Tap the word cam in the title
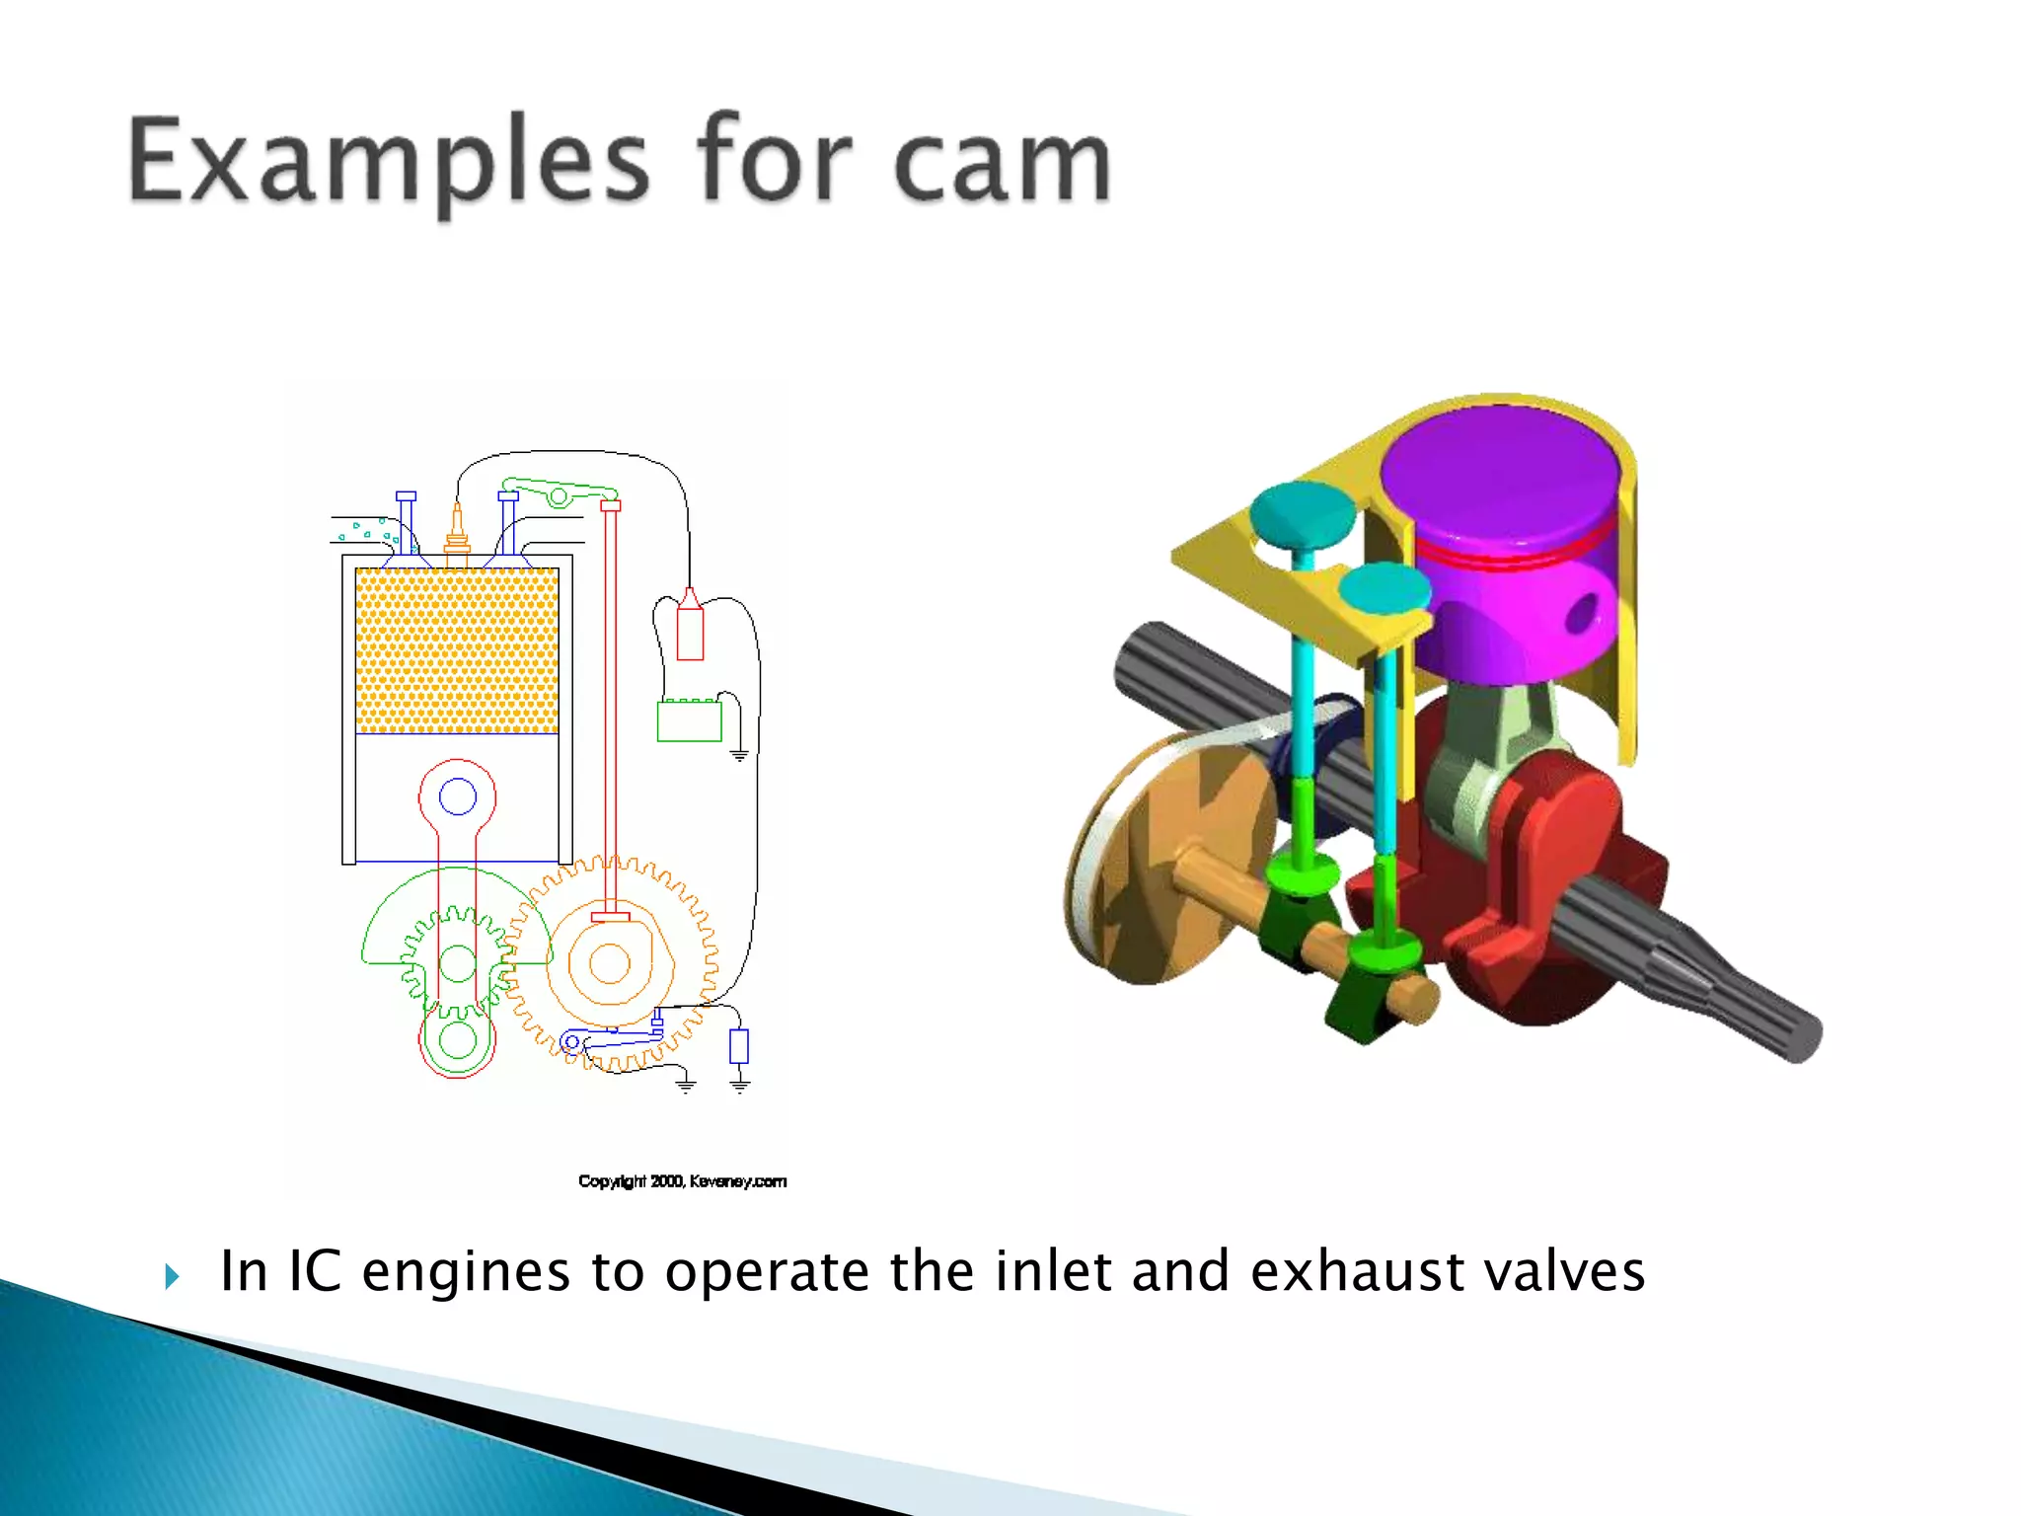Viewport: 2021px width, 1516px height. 1002,163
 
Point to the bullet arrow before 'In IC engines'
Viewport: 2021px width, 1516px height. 173,1276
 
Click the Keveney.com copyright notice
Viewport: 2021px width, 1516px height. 682,1181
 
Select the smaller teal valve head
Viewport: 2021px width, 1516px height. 1385,589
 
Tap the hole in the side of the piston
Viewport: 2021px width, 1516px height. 1583,613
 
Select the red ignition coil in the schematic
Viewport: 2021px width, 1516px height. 690,628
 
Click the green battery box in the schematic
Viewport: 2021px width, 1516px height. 689,720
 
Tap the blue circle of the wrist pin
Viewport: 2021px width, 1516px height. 457,796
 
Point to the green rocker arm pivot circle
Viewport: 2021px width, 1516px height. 559,496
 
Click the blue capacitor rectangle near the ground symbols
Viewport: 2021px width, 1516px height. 739,1046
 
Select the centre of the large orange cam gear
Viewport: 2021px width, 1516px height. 610,964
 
